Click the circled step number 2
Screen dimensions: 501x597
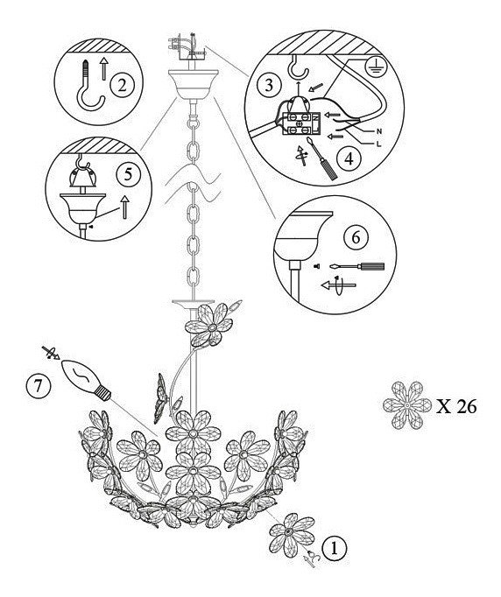[x=122, y=85]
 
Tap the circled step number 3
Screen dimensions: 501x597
[x=269, y=85]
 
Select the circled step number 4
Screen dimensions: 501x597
[x=349, y=158]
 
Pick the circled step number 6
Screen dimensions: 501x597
[x=356, y=237]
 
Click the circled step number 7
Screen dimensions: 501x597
[x=38, y=386]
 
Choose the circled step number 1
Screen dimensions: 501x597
[x=335, y=549]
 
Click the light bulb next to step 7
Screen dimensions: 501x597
[x=87, y=380]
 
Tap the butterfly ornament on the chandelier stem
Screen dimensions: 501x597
[x=161, y=398]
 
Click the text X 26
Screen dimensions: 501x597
[x=456, y=407]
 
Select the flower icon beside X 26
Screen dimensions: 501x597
[x=407, y=405]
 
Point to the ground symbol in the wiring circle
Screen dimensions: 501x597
[x=376, y=66]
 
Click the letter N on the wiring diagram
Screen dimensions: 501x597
[x=378, y=131]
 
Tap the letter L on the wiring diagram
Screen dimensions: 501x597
[x=378, y=144]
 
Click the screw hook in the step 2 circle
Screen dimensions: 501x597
[x=89, y=88]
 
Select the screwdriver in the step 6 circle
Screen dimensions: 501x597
[x=357, y=266]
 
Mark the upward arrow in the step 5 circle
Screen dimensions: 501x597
[x=124, y=207]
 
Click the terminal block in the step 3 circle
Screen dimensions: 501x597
[x=300, y=124]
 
